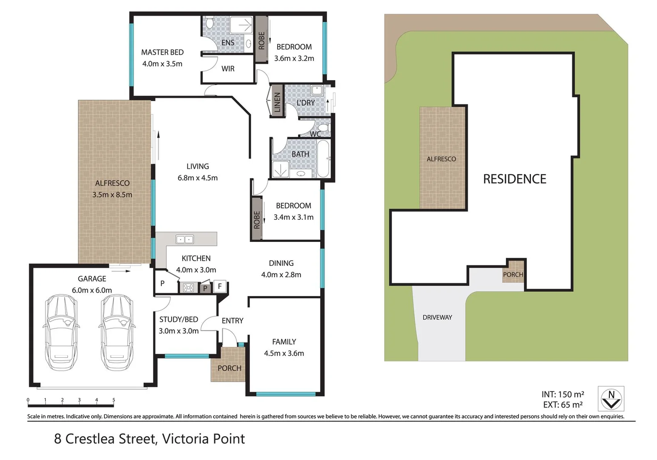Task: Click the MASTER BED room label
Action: pyautogui.click(x=162, y=52)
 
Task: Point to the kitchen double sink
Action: pyautogui.click(x=184, y=239)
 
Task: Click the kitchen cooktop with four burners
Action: pyautogui.click(x=188, y=288)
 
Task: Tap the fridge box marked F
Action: pyautogui.click(x=220, y=286)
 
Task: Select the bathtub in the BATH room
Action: pyautogui.click(x=323, y=158)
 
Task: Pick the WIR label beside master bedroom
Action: pyautogui.click(x=228, y=69)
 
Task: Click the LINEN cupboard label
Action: pyautogui.click(x=277, y=102)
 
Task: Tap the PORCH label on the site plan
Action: pyautogui.click(x=513, y=274)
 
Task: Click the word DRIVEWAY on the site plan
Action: pyautogui.click(x=437, y=317)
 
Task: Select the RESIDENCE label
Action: pyautogui.click(x=514, y=179)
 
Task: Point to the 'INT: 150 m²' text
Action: pyautogui.click(x=562, y=394)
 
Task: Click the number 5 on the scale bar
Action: pyautogui.click(x=114, y=400)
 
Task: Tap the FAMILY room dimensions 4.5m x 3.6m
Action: pyautogui.click(x=284, y=353)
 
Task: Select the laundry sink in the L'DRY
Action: pyautogui.click(x=317, y=90)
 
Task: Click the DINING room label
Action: pyautogui.click(x=281, y=263)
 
